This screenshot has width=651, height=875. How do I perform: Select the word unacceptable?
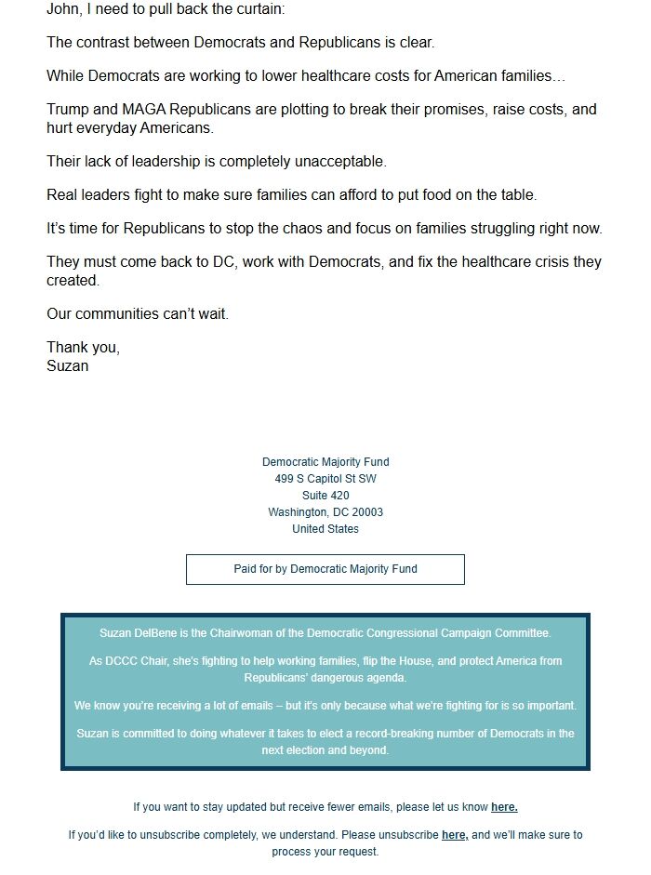coord(339,162)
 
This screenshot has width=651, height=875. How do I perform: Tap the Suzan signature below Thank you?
coord(68,365)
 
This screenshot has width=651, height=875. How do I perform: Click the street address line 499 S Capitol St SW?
coord(325,479)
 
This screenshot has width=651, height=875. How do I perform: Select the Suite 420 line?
coord(325,496)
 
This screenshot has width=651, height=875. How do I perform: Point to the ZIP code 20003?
coord(365,512)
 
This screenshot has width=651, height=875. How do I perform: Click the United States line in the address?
coord(325,529)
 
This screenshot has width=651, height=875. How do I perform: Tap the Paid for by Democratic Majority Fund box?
coord(325,569)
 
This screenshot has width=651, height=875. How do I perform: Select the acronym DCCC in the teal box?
coord(124,661)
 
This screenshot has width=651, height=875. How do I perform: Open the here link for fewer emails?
coord(504,807)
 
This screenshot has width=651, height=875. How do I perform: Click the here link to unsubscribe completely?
coord(455,835)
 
